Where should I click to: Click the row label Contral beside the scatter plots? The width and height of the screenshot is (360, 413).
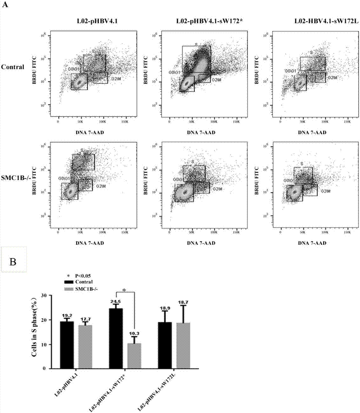point(12,66)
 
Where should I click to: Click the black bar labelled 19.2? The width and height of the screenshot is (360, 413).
point(67,345)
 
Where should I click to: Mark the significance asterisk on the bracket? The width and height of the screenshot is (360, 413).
point(125,290)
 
